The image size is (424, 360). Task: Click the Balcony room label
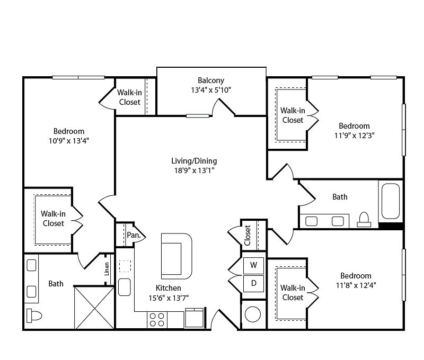[211, 80]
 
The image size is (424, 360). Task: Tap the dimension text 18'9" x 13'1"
[194, 170]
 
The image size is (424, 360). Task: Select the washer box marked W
[253, 265]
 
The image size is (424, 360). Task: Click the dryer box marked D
[253, 283]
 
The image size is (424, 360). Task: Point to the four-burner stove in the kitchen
[157, 319]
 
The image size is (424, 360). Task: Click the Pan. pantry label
[134, 235]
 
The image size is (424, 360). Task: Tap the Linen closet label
[107, 269]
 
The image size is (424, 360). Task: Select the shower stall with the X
[94, 308]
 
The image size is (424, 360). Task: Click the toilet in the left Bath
[34, 316]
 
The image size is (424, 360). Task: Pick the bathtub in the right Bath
[391, 201]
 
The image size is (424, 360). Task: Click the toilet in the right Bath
[364, 219]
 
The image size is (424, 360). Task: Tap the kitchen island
[176, 256]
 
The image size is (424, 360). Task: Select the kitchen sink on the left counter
[125, 287]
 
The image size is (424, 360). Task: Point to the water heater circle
[253, 314]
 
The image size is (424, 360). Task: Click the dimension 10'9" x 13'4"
[69, 141]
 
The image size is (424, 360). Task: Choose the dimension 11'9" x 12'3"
[354, 136]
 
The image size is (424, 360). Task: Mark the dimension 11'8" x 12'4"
[356, 285]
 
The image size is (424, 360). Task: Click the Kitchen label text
[168, 288]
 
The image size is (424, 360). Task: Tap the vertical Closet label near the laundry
[248, 236]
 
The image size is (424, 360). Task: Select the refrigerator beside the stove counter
[194, 318]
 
